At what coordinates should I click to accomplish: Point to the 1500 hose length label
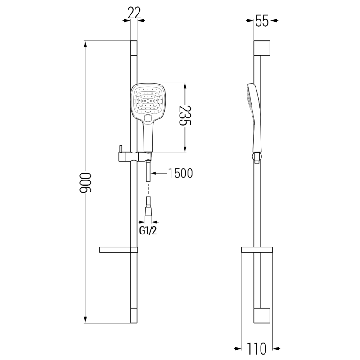tap(180, 174)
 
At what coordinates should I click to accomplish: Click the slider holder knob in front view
tap(120, 148)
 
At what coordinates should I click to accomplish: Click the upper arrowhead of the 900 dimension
tap(85, 45)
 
